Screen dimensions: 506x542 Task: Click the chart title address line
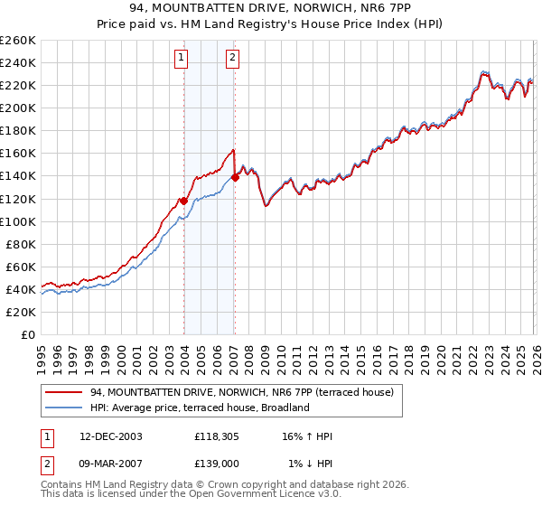[x=271, y=9]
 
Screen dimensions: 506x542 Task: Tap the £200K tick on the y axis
[x=17, y=108]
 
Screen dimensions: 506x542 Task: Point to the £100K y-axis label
[x=17, y=221]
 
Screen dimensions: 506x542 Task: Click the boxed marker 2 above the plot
[x=233, y=59]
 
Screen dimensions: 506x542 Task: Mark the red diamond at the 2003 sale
[x=183, y=201]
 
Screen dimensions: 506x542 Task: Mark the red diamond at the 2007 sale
[x=235, y=177]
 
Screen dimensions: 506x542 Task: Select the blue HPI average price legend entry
[x=200, y=408]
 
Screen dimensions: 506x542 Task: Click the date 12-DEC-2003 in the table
[x=111, y=436]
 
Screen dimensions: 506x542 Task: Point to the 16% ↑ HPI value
[x=309, y=436]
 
